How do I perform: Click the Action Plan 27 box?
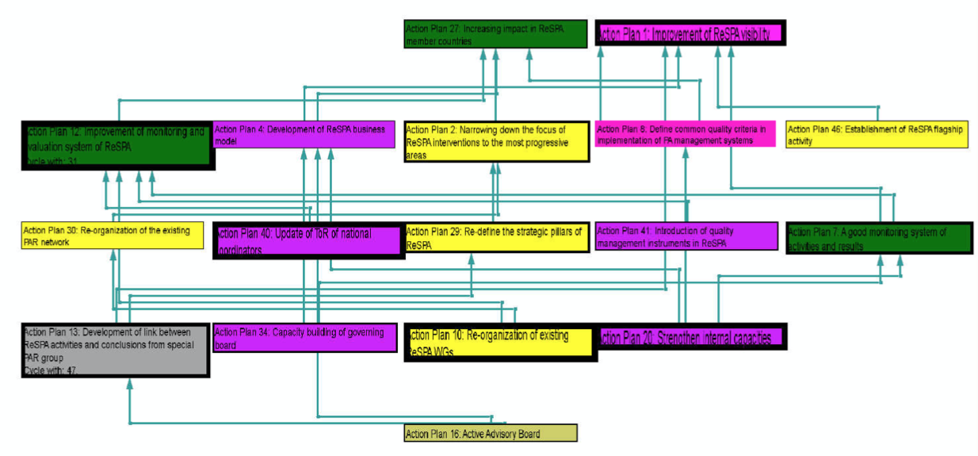click(x=495, y=34)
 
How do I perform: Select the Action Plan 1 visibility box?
click(x=690, y=33)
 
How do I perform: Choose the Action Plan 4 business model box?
click(x=304, y=135)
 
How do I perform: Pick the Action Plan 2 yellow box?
click(x=496, y=142)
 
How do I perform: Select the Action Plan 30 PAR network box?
click(x=112, y=236)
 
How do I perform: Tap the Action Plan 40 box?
click(x=308, y=239)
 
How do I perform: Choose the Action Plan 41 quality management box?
click(x=686, y=236)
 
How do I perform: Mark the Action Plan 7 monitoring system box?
click(x=879, y=238)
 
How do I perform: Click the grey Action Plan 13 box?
click(x=116, y=349)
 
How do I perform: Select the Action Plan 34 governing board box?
click(x=304, y=339)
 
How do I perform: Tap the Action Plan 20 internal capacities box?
click(x=690, y=337)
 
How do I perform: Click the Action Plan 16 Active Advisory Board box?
click(x=490, y=434)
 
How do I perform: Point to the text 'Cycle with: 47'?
click(x=51, y=370)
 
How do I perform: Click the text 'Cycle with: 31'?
click(x=52, y=160)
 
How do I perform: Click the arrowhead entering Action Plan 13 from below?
click(x=130, y=384)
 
